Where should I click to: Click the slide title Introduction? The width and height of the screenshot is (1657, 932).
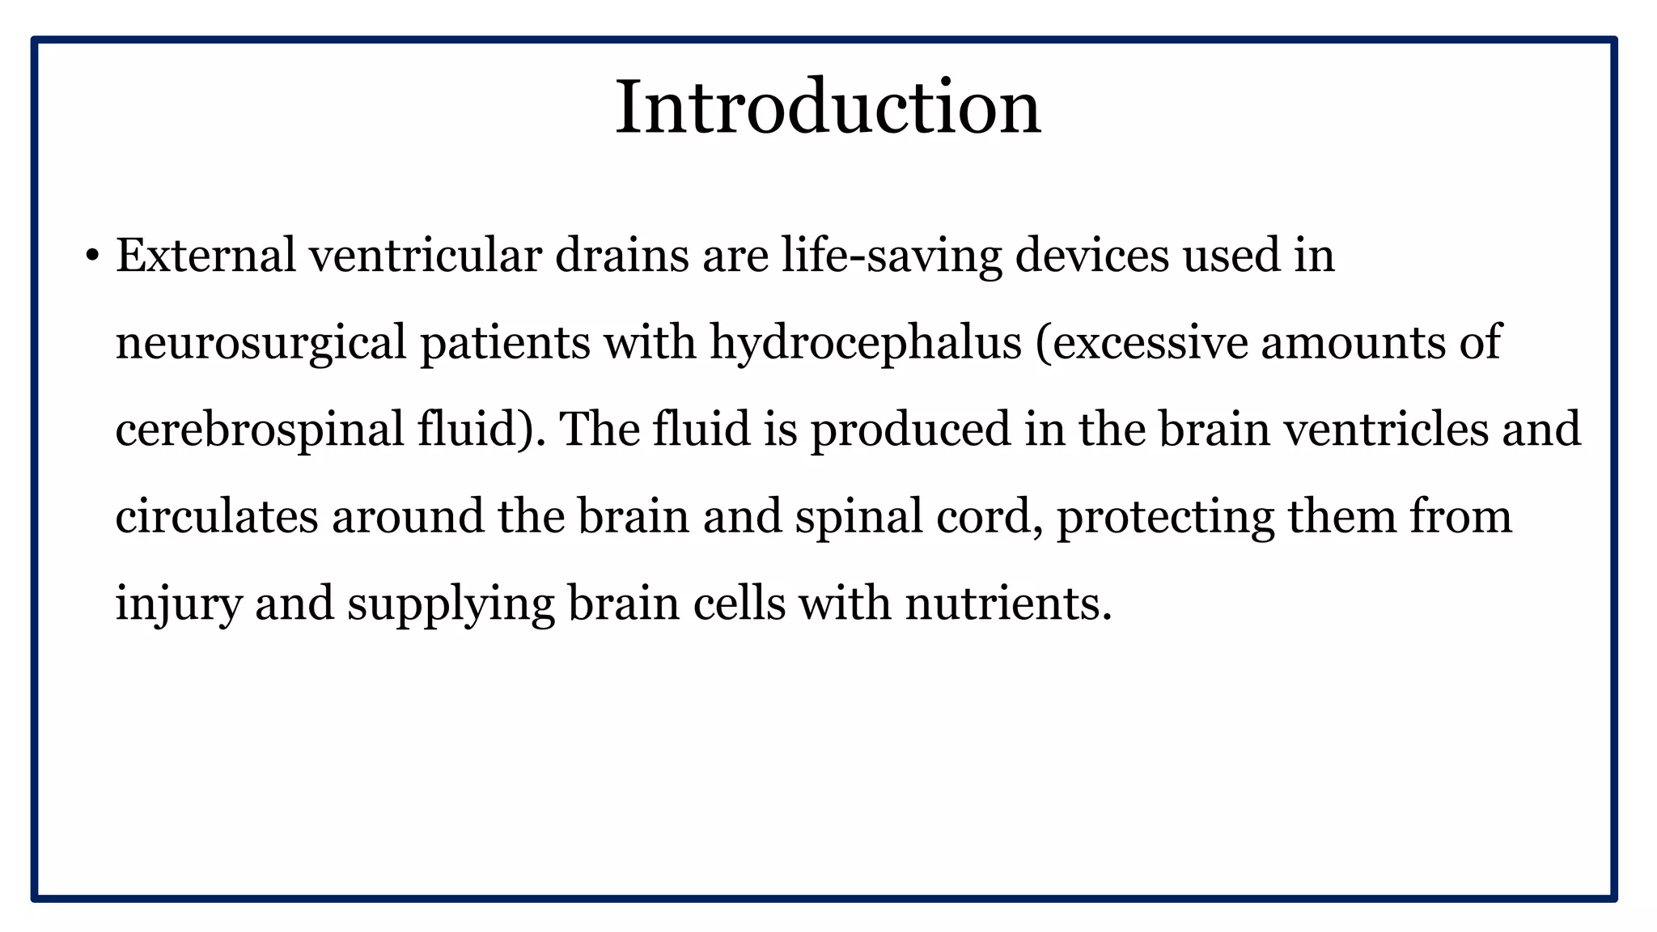[828, 108]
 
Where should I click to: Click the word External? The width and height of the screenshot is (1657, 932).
[206, 256]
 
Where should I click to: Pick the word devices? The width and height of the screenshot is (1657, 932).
[1092, 256]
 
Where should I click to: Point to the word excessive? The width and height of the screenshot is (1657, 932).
[1141, 343]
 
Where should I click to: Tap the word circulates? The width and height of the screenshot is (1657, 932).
[217, 517]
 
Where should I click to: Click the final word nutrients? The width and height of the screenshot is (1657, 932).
[1008, 604]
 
